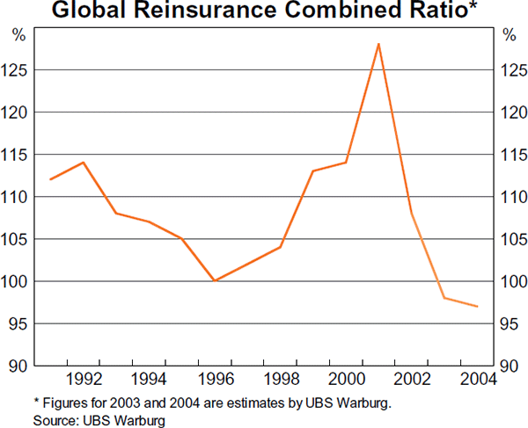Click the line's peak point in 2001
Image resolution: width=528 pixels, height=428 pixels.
378,44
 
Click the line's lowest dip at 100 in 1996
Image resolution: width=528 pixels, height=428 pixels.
215,280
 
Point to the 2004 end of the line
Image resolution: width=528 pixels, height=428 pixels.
477,306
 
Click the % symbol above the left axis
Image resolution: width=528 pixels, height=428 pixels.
18,35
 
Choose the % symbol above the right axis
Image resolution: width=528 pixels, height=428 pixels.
509,35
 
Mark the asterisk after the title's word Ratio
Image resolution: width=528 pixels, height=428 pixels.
454,8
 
